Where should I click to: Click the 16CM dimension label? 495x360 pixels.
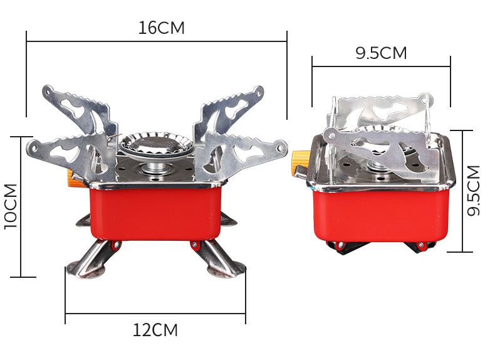161,28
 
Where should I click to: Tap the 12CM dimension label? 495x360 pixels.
155,330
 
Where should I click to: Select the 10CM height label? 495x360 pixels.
11,206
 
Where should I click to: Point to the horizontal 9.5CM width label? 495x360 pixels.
381,53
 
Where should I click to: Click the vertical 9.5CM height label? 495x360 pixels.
473,191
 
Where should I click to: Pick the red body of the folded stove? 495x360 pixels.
381,215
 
